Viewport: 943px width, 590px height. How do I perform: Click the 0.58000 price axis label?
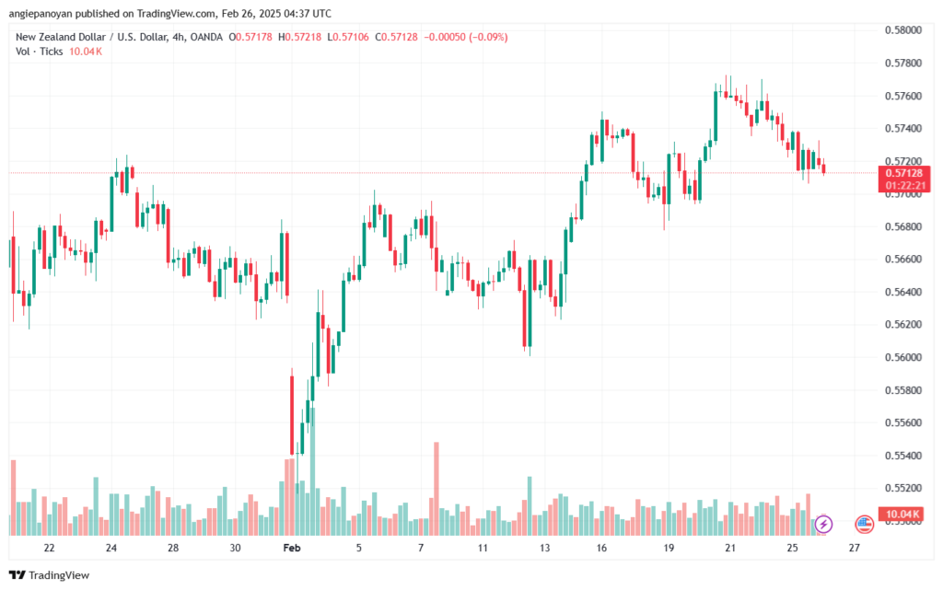click(903, 30)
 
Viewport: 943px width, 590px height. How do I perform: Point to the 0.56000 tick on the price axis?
click(903, 357)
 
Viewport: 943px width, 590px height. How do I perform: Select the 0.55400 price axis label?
click(903, 456)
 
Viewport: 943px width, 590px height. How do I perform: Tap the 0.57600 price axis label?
click(903, 96)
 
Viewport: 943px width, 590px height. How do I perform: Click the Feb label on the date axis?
click(292, 547)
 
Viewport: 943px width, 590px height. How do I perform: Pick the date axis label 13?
click(544, 547)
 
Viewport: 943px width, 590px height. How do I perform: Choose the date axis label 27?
click(854, 547)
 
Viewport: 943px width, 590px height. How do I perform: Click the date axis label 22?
click(49, 547)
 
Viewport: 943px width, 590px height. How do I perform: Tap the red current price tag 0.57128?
click(903, 172)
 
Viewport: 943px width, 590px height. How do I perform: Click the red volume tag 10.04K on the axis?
click(903, 514)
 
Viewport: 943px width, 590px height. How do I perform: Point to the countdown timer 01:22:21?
click(903, 185)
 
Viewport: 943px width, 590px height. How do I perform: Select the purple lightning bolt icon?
click(823, 524)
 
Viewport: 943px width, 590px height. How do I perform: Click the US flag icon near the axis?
click(864, 524)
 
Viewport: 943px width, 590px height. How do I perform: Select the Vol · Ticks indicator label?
click(38, 52)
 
